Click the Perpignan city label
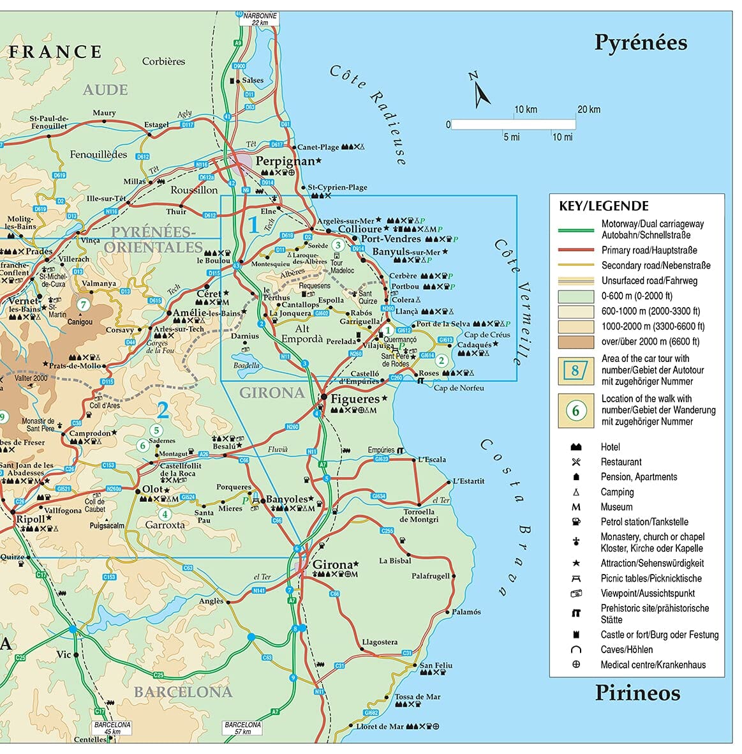285,162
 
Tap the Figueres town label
355,399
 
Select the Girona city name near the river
332,564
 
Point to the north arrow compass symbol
480,91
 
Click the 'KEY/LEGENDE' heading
604,206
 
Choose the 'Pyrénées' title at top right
641,43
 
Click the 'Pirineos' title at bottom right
637,693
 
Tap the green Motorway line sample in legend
575,230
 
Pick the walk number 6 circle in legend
575,411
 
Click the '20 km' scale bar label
588,110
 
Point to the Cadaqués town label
474,345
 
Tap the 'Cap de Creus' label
487,335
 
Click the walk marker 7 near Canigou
82,305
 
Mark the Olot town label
152,489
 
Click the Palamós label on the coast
466,612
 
